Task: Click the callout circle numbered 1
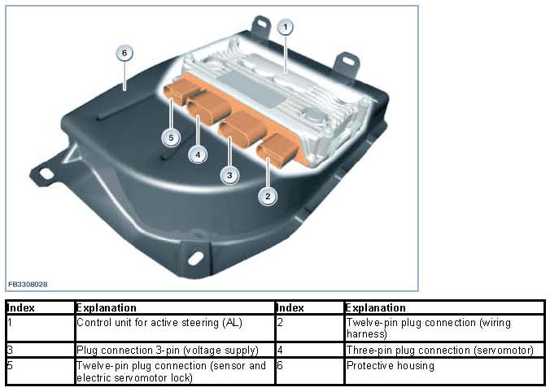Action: pyautogui.click(x=286, y=27)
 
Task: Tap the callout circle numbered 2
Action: pyautogui.click(x=268, y=196)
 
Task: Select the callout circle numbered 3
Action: pyautogui.click(x=229, y=175)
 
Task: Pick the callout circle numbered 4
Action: pyautogui.click(x=198, y=155)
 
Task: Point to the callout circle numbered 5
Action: pyautogui.click(x=171, y=137)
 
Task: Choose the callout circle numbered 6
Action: pyautogui.click(x=124, y=54)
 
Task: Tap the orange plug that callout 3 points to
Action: pyautogui.click(x=243, y=128)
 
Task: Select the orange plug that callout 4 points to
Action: pyautogui.click(x=209, y=107)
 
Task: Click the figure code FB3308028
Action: pyautogui.click(x=28, y=285)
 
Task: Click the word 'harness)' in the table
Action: pyautogui.click(x=367, y=333)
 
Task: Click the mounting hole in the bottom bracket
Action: pyautogui.click(x=195, y=259)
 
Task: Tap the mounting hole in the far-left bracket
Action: pyautogui.click(x=46, y=173)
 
